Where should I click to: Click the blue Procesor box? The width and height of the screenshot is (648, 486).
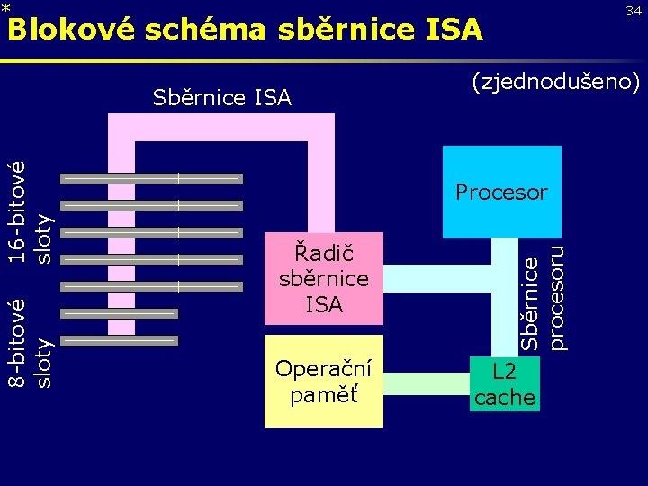click(501, 192)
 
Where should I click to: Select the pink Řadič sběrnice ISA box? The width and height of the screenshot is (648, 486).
click(324, 279)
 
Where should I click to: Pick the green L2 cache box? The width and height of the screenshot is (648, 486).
click(504, 384)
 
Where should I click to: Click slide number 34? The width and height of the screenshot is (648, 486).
click(634, 10)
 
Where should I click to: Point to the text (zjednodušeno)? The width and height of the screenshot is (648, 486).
click(555, 82)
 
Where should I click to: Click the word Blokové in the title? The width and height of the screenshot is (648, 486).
click(71, 30)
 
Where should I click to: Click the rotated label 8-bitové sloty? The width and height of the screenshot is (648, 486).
click(30, 343)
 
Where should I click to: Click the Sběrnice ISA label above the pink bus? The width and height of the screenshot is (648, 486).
click(221, 97)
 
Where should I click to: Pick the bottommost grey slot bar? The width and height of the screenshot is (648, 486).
click(119, 341)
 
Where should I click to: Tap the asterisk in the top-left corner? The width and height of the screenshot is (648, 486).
click(5, 8)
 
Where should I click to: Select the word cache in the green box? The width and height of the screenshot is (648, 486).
click(504, 397)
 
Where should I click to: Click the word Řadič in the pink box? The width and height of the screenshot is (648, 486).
click(324, 254)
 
